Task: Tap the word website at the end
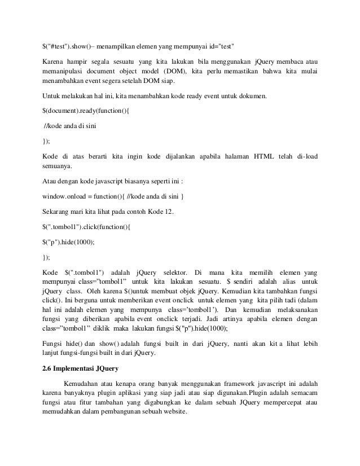[x=178, y=419]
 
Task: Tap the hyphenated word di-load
[x=304, y=156]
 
